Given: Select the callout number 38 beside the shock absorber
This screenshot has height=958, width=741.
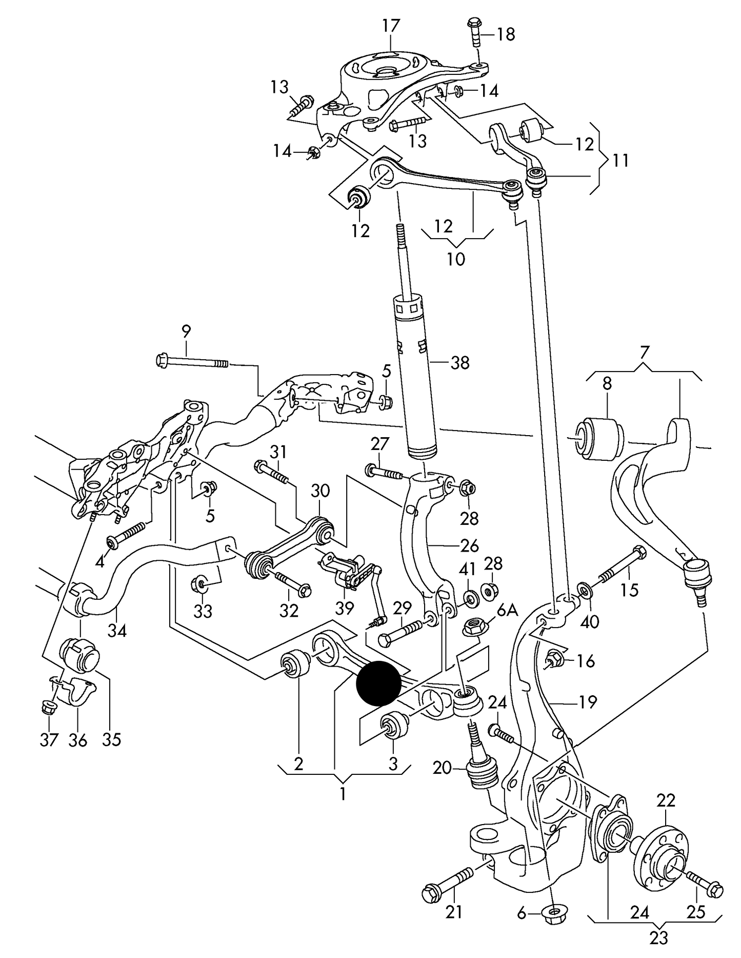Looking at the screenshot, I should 459,363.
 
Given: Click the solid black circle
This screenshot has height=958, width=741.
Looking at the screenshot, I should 378,682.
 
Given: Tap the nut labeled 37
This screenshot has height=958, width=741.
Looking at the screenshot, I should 48,709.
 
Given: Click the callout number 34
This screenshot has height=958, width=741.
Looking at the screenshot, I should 117,630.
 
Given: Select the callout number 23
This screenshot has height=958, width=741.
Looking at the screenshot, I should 659,937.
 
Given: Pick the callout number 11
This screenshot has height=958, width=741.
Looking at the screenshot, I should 620,160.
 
